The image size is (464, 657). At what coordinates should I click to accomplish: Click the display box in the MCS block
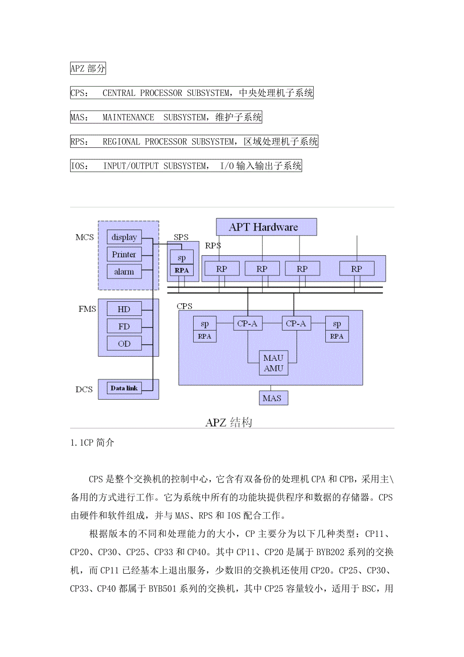(124, 237)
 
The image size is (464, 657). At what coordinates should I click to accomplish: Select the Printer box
(124, 254)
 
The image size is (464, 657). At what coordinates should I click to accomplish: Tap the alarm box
(124, 271)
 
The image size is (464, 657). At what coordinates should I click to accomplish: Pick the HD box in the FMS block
(124, 309)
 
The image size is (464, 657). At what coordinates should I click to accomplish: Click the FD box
(124, 326)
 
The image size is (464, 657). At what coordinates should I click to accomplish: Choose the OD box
(124, 344)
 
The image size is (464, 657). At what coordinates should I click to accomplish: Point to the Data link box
(124, 388)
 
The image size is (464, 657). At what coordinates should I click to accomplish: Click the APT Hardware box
(266, 227)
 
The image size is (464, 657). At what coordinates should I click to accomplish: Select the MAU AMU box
(274, 363)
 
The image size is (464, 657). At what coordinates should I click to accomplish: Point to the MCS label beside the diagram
(84, 237)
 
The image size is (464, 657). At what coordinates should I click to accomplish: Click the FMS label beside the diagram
(87, 309)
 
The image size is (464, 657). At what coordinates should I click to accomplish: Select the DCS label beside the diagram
(84, 390)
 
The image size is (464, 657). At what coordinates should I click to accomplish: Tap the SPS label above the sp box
(181, 237)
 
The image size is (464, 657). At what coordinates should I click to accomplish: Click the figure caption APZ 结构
(228, 422)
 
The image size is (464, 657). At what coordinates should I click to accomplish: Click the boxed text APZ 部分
(88, 69)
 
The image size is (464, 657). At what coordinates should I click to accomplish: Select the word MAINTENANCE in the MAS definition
(128, 118)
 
